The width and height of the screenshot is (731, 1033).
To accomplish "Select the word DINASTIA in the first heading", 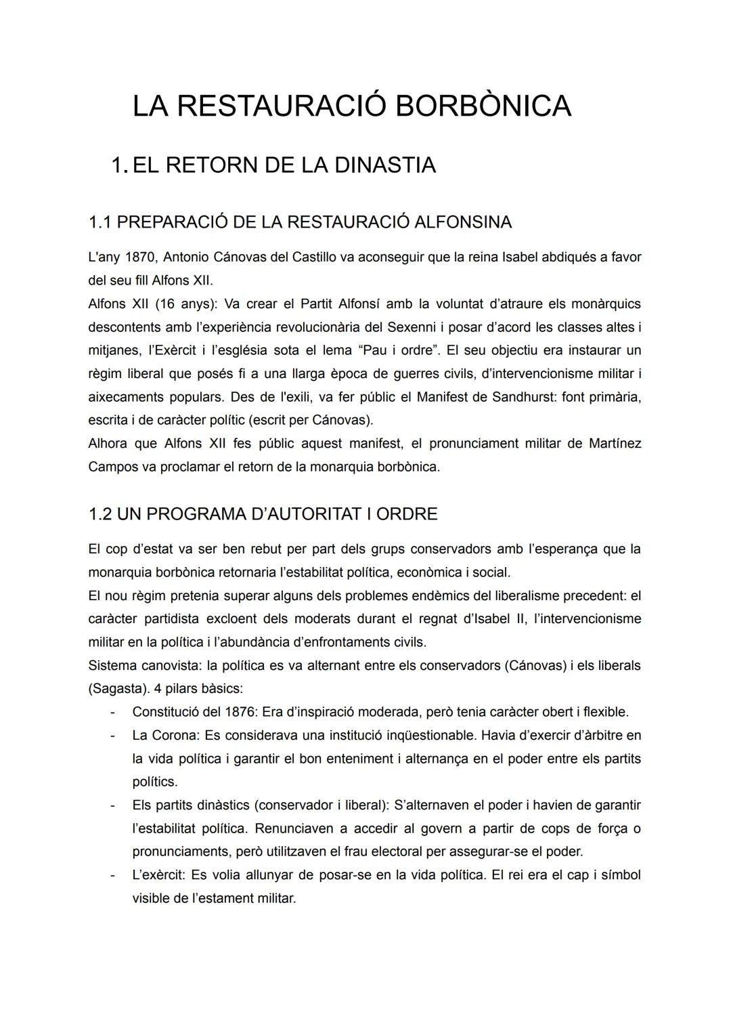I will point(383,165).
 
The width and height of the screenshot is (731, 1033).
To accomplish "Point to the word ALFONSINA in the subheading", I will point(463,222).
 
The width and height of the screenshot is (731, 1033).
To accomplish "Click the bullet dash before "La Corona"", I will point(114,735).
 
